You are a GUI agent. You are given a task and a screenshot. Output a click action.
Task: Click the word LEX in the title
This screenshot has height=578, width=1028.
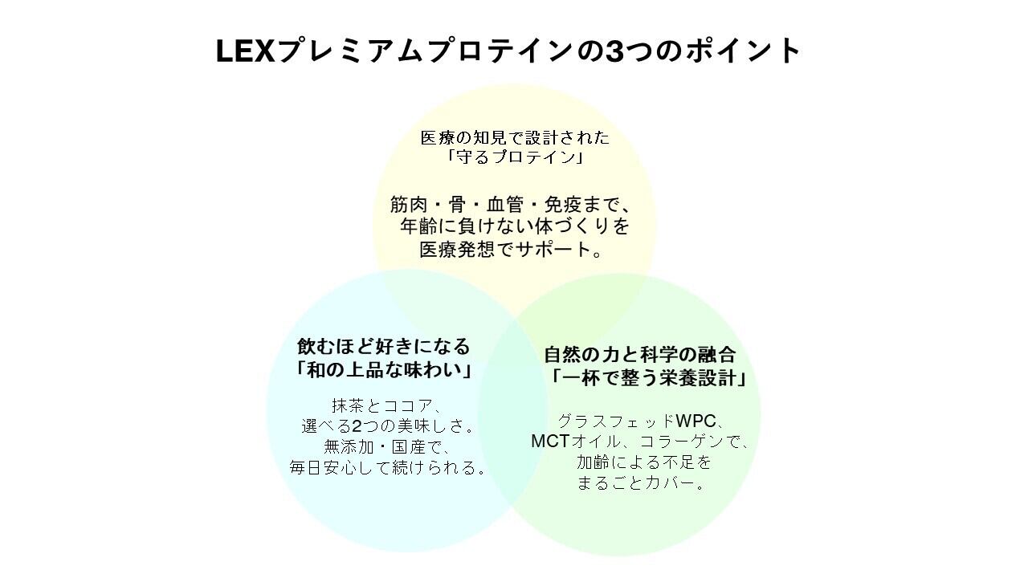[245, 51]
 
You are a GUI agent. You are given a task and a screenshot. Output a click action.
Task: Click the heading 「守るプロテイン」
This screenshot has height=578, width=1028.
[515, 157]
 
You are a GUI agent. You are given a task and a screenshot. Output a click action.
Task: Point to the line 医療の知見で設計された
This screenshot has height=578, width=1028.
[515, 137]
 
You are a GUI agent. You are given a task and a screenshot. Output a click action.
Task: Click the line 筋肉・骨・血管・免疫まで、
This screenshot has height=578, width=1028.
[515, 205]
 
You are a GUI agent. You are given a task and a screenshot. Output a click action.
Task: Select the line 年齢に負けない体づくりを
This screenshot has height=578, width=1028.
[515, 227]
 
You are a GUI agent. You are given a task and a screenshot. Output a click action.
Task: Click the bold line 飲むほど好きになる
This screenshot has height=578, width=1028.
[384, 347]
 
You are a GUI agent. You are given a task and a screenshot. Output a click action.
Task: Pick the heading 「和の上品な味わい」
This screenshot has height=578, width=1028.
[384, 370]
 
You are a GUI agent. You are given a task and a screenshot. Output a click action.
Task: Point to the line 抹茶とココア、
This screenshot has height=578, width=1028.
[384, 405]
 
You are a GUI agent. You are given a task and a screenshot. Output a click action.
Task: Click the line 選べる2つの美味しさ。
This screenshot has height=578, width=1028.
[384, 425]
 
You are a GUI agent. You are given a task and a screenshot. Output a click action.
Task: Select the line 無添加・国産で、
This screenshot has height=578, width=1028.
[384, 446]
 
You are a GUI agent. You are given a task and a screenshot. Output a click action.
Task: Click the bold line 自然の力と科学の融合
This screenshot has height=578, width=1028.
[640, 355]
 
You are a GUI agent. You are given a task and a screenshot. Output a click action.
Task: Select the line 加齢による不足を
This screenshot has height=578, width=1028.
[643, 462]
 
